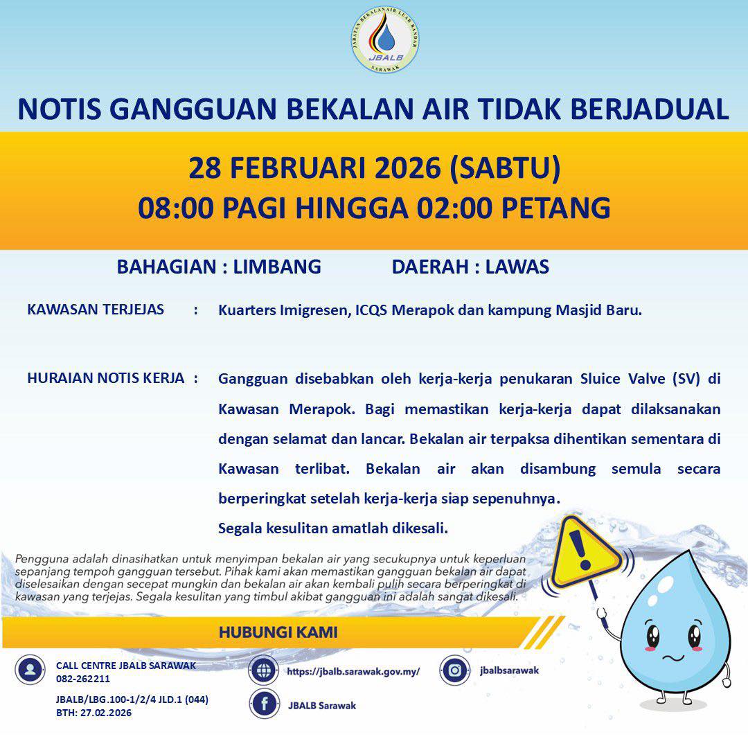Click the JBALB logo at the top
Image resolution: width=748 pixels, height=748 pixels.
tap(385, 41)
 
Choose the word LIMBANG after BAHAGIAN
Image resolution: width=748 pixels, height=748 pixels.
tap(277, 267)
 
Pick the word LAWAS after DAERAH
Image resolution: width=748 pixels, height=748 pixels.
tap(517, 267)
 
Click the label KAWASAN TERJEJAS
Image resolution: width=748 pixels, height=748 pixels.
tap(96, 310)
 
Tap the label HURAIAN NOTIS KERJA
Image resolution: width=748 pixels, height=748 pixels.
tap(106, 378)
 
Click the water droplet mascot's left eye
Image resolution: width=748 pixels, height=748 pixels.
tap(652, 634)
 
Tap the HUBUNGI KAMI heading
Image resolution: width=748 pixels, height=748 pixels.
tap(278, 632)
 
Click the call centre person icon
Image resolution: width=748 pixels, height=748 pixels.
tap(30, 670)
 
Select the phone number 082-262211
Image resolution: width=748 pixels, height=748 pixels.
tap(83, 679)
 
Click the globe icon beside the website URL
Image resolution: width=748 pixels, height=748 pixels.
tap(265, 670)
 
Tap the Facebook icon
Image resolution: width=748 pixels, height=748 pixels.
tap(265, 704)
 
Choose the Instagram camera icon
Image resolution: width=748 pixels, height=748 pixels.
tap(455, 670)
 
